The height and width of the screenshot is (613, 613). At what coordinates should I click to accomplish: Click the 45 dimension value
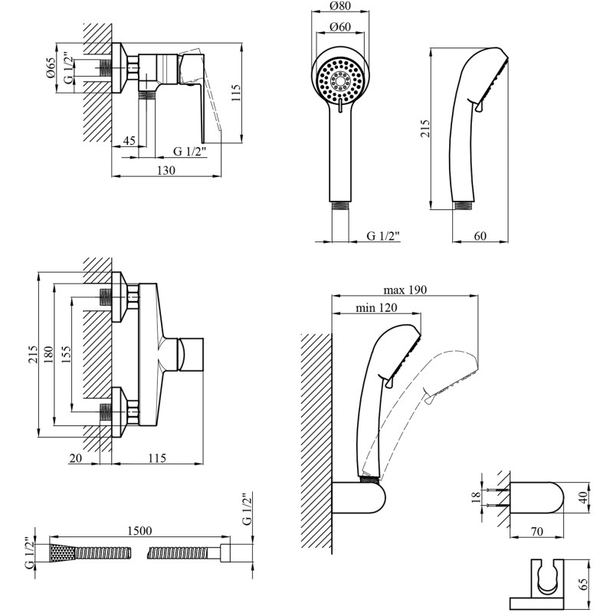point(129,140)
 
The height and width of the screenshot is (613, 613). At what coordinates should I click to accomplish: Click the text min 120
point(375,307)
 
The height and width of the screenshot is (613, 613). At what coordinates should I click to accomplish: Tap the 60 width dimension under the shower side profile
point(480,235)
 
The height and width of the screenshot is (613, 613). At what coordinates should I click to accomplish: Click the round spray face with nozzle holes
point(341,79)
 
